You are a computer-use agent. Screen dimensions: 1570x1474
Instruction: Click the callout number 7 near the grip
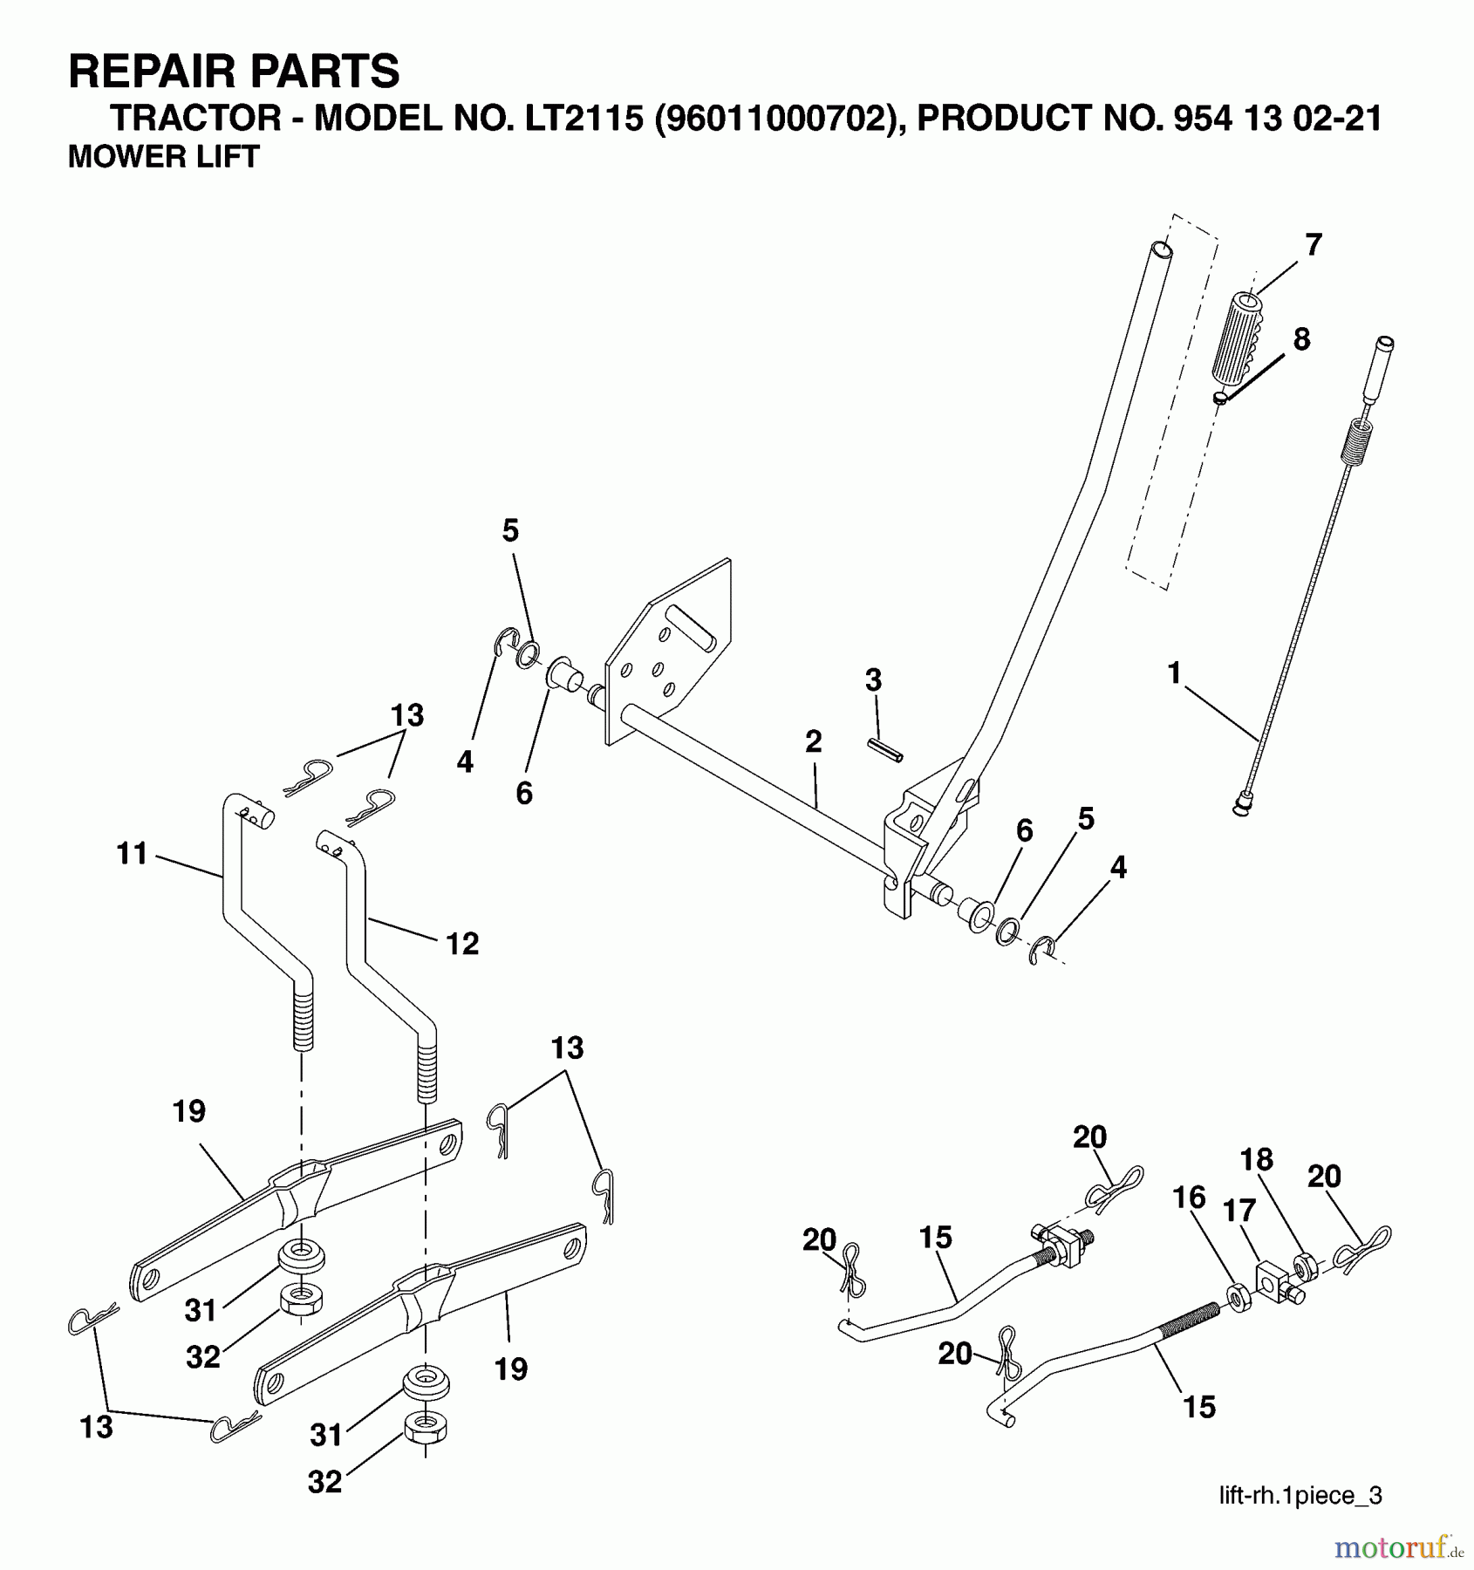[x=1313, y=244]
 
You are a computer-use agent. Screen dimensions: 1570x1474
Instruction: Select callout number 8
[x=1300, y=338]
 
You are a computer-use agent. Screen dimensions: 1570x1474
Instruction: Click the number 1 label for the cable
[x=1174, y=672]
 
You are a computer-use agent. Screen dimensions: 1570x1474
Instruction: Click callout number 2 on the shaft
[x=813, y=741]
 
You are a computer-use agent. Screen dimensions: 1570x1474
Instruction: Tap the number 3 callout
[x=873, y=679]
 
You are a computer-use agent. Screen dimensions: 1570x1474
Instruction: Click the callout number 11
[x=132, y=853]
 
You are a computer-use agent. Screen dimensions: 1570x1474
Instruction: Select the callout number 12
[x=462, y=943]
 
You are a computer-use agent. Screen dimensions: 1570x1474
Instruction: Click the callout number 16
[x=1189, y=1198]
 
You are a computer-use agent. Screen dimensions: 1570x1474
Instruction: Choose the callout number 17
[x=1239, y=1211]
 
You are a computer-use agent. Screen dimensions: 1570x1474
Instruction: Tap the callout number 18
[x=1256, y=1159]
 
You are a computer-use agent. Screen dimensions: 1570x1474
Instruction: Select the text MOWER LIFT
[x=163, y=157]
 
